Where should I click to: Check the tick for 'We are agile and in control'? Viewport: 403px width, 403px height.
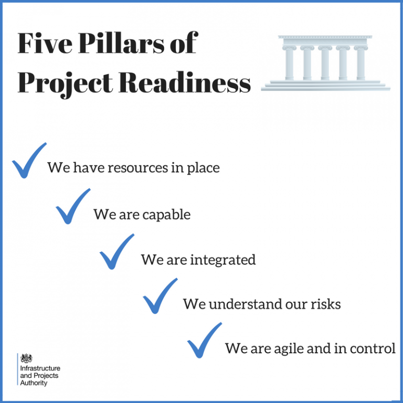204,340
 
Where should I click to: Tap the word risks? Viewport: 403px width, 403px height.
325,304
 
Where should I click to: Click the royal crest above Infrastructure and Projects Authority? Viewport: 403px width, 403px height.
26,358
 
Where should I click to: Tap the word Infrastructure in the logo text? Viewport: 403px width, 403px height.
40,369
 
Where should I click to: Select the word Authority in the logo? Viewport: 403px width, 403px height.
34,383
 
